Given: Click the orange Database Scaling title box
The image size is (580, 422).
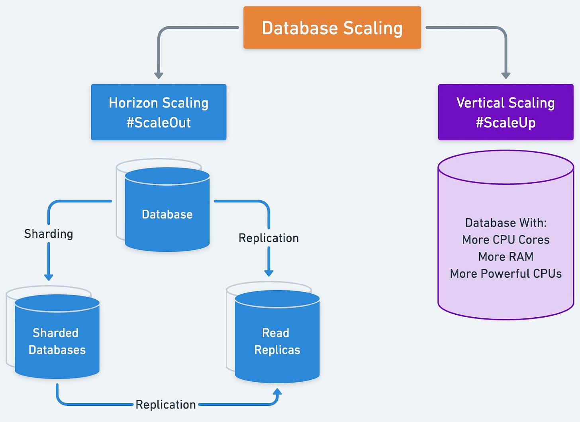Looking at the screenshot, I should coord(332,28).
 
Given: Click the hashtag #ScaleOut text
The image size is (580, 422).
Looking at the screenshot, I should coord(159,122).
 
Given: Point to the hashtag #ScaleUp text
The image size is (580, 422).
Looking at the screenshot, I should coord(506,122).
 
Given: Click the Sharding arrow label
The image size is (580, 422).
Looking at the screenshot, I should coord(49,234).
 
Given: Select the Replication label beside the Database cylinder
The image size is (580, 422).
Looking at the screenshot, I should coord(268,238).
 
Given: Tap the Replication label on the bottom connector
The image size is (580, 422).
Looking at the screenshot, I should coord(166,404).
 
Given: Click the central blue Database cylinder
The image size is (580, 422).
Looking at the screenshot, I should coord(167,214).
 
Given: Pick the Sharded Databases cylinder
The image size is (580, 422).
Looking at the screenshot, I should coord(57,341).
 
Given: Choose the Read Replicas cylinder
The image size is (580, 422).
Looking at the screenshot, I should coord(277,341).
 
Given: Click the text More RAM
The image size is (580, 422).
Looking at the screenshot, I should coord(506,257).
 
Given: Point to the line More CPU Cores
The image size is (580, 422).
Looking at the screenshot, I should coord(506,239).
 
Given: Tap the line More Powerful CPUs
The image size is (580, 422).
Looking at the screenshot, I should coord(506,274).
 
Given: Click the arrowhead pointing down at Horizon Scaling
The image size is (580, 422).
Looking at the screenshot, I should coord(159,75).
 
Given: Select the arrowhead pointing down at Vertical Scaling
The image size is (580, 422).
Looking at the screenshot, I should coord(506,75).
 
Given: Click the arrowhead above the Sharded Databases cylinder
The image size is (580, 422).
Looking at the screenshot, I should coord(49,277).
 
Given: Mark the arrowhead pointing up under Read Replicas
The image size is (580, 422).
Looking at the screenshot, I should coord(277,393).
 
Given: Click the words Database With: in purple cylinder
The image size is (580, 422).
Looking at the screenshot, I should coord(506,223).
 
